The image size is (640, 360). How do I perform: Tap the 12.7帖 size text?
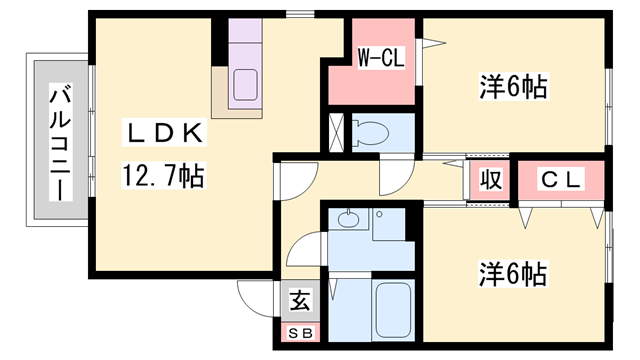point(164,177)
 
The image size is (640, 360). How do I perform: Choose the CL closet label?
point(561,179)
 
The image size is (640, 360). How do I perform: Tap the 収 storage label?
point(489,180)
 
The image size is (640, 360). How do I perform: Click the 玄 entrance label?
point(298,299)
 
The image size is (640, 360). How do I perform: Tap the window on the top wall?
point(297,14)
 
